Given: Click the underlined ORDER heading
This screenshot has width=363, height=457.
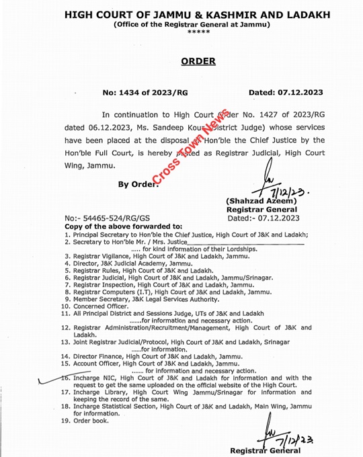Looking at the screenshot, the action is (198, 61).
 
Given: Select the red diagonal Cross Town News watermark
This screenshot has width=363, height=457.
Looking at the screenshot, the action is (191, 149).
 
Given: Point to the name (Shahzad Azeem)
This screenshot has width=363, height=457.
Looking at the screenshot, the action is (264, 203).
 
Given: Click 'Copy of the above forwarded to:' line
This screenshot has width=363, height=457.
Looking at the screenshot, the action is (114, 226).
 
